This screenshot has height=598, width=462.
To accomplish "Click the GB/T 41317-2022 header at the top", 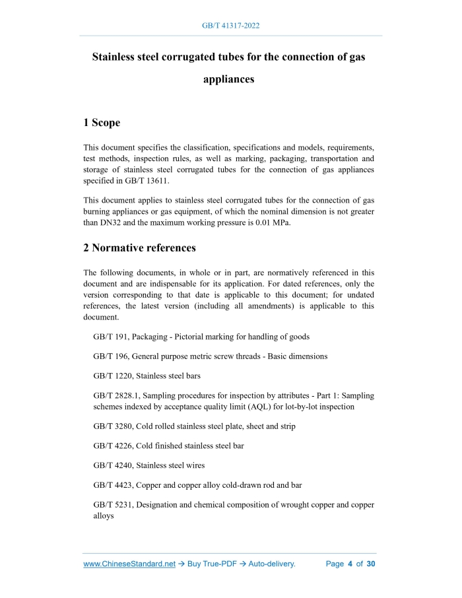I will (230, 26).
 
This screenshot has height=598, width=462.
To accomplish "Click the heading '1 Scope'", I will (102, 123).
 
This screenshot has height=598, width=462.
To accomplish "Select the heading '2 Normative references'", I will (139, 248).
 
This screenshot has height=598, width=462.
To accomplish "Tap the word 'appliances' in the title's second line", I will (228, 79).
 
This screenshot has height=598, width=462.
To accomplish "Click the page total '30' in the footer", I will (370, 564).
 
